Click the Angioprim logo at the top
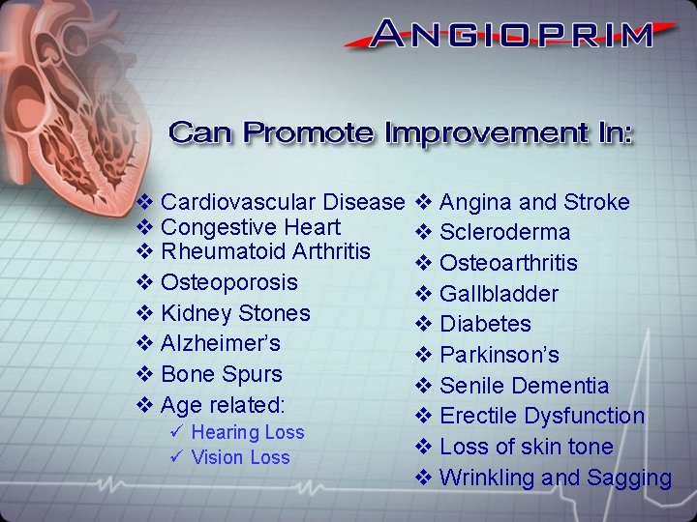tap(512, 35)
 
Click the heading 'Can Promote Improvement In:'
tap(401, 132)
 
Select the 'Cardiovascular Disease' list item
tap(282, 202)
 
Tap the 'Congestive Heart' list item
tap(250, 227)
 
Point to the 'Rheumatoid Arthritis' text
tap(265, 251)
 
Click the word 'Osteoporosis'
tap(228, 282)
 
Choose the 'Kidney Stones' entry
tap(235, 313)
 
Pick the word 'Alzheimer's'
tap(220, 343)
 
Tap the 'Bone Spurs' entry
tap(221, 374)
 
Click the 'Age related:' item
tap(223, 404)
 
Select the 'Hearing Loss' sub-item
tap(247, 432)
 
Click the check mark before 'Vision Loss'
tap(175, 457)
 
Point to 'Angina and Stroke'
tap(533, 202)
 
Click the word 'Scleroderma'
tap(504, 232)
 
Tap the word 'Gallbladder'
tap(499, 293)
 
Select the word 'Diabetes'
tap(485, 324)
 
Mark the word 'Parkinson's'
tap(499, 355)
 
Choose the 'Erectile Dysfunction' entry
tap(541, 416)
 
